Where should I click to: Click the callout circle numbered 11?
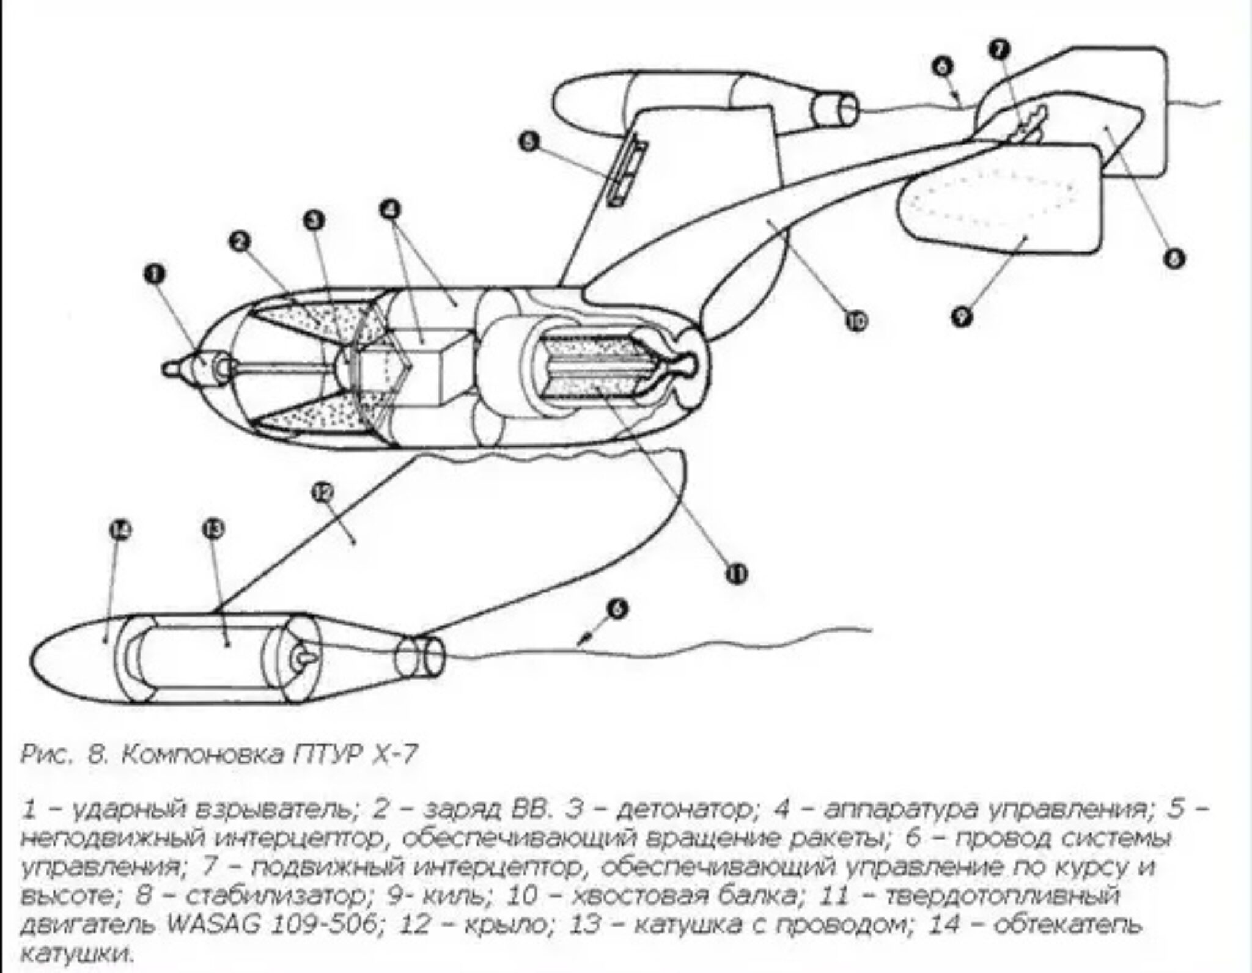[737, 573]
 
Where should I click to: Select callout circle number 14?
[121, 531]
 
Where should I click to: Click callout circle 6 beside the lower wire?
[619, 609]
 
